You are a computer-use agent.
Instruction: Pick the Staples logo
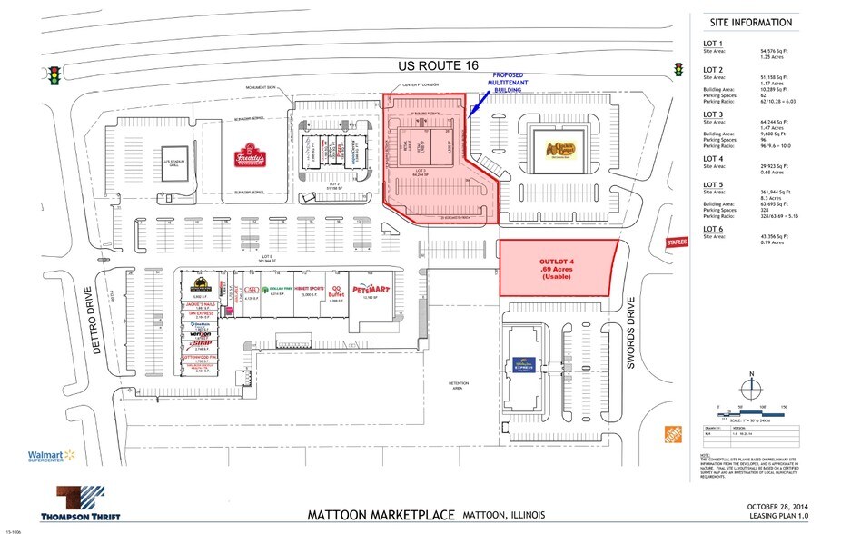coord(676,242)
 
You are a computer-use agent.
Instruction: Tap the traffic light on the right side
coord(678,70)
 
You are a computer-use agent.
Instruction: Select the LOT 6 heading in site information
coord(713,232)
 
